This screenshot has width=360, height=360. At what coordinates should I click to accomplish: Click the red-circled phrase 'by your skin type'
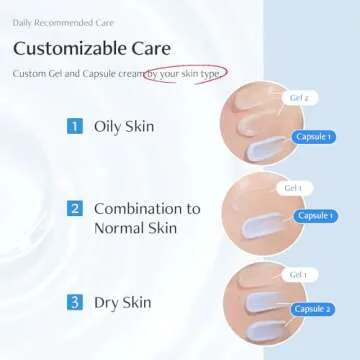click(184, 74)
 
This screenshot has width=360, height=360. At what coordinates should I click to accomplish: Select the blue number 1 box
click(74, 126)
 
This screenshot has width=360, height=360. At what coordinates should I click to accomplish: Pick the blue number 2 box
click(74, 209)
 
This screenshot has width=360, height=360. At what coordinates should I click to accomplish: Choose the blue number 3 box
click(74, 300)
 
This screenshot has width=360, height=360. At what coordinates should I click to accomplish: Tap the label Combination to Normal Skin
click(146, 219)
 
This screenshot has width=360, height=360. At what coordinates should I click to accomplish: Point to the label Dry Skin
click(120, 300)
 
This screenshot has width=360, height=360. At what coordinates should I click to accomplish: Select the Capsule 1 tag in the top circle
click(314, 136)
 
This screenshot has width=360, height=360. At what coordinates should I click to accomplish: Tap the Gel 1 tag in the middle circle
click(293, 188)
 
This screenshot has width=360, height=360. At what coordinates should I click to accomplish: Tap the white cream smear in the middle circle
click(268, 223)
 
